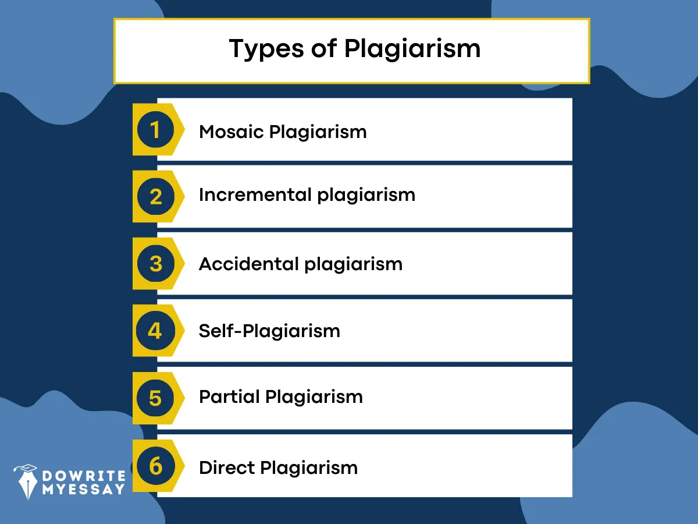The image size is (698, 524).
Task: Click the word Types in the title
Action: point(266,49)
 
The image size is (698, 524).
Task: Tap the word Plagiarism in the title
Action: point(412,49)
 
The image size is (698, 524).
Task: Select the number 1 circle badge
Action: point(155,129)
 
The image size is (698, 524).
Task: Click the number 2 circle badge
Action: point(155,197)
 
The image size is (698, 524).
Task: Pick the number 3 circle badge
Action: point(155,263)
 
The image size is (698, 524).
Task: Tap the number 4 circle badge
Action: point(155,331)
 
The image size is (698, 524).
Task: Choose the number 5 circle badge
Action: point(155,398)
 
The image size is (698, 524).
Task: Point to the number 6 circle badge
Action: point(155,466)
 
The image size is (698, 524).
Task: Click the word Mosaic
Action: point(232,132)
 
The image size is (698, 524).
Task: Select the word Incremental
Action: point(255,194)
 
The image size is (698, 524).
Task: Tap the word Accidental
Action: point(249,264)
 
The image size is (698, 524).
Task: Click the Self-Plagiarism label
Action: point(269,331)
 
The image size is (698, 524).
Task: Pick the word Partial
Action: point(229,396)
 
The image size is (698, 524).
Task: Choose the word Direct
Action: point(227,468)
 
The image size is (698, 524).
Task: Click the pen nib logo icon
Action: point(27,481)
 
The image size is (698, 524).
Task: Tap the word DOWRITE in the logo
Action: point(84,476)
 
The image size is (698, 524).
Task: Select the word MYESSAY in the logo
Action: point(83,489)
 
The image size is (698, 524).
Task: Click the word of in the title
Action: point(324,48)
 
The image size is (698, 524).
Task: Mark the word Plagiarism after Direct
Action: point(309,468)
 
